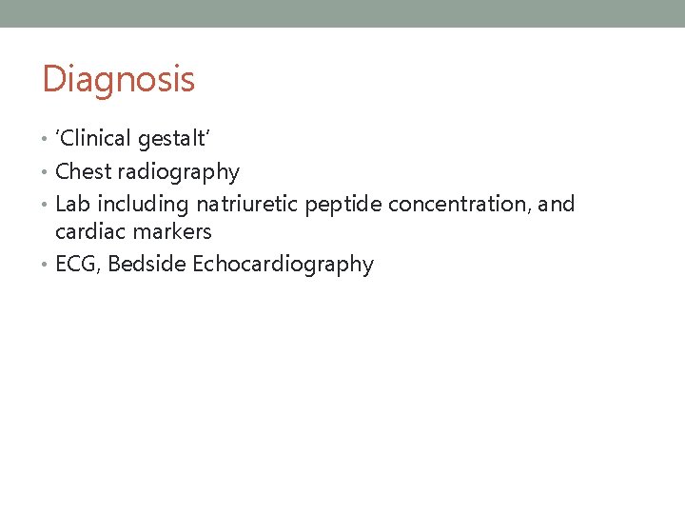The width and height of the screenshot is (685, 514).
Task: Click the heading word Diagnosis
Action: pyautogui.click(x=118, y=79)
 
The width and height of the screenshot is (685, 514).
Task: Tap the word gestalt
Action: pyautogui.click(x=173, y=140)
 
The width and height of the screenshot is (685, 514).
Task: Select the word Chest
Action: pyautogui.click(x=83, y=172)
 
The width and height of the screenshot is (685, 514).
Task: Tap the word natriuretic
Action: pyautogui.click(x=247, y=204)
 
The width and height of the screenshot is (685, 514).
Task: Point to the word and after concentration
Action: pyautogui.click(x=557, y=204)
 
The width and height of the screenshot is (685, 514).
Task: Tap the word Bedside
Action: pyautogui.click(x=147, y=265)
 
